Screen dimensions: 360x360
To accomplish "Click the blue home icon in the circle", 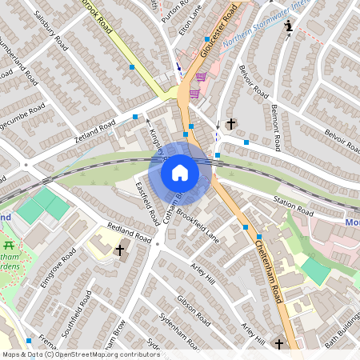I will pos(180,173).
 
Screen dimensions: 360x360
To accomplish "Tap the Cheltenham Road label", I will pos(272,272).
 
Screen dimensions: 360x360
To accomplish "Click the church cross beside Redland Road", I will pos(121,251).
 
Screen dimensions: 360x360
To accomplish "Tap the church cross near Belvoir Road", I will pos(231,124).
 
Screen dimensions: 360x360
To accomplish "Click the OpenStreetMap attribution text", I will pos(80,354).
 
